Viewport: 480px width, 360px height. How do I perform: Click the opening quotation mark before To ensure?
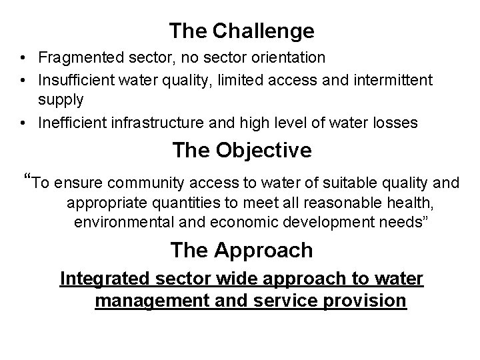[x=27, y=179]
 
